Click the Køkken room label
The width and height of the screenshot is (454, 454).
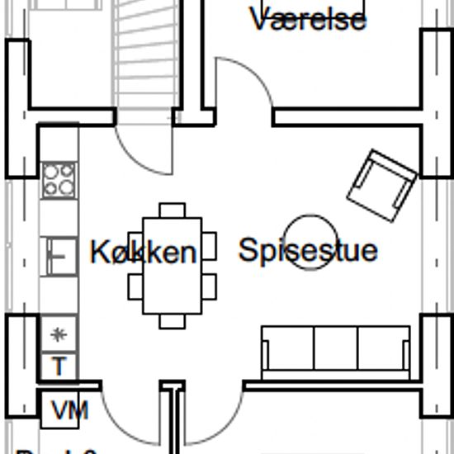tap(144, 252)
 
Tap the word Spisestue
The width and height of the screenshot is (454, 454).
tap(307, 249)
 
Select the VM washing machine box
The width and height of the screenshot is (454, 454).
tap(64, 410)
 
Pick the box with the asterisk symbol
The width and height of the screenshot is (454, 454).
tap(59, 334)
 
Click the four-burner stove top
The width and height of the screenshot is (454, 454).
tap(59, 179)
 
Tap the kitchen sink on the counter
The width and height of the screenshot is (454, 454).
tap(59, 255)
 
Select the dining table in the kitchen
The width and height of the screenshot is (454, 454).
tap(172, 266)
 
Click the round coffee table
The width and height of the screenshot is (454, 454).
tap(310, 241)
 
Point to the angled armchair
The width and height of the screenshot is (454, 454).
tap(382, 185)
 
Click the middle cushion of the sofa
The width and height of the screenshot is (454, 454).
tap(335, 348)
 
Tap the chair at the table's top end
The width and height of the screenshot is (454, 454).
tap(172, 210)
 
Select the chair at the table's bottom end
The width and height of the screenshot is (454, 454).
tap(172, 321)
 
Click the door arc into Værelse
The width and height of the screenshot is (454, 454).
tap(245, 83)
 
